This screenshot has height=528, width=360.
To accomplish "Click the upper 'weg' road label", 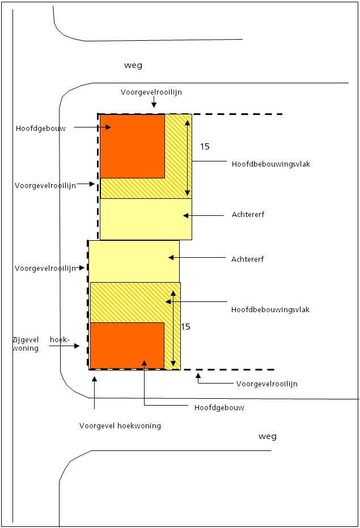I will click(x=133, y=65).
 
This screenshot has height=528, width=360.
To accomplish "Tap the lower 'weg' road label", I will click(x=267, y=436).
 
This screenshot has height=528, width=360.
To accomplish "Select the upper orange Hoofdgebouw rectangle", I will click(x=132, y=146).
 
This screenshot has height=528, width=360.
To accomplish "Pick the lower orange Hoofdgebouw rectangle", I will click(x=127, y=345).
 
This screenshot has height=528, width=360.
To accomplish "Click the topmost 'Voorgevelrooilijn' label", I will click(x=151, y=92).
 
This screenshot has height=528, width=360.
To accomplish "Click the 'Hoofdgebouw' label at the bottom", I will click(x=219, y=408).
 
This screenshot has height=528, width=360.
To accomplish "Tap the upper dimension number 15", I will click(x=205, y=146).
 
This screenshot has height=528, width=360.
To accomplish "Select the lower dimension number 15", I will click(x=185, y=327).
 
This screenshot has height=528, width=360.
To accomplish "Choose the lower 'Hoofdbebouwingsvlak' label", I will click(x=270, y=310).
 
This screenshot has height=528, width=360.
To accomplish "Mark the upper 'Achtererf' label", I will click(x=248, y=215).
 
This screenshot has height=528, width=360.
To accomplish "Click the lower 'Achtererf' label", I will click(x=248, y=259).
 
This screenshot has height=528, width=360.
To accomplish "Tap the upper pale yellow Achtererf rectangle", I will click(x=146, y=219).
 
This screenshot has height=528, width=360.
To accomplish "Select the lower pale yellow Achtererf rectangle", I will click(x=134, y=261).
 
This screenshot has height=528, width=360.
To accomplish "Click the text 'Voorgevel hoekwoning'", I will click(x=120, y=426).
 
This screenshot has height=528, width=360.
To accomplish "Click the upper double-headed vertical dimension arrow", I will click(x=188, y=155).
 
